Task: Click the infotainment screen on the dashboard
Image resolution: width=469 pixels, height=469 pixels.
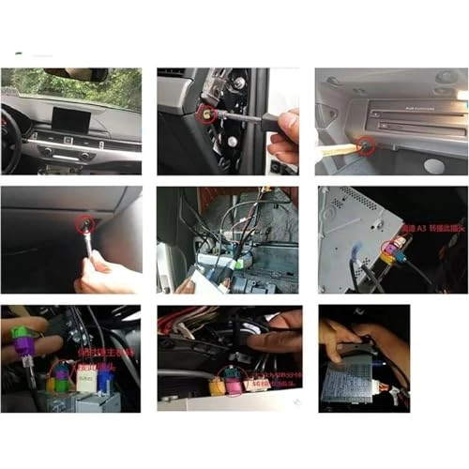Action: pos(70,121)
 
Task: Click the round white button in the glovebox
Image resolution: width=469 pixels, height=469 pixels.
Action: pos(433,165)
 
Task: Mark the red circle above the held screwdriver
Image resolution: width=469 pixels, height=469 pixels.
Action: pos(85,222)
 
